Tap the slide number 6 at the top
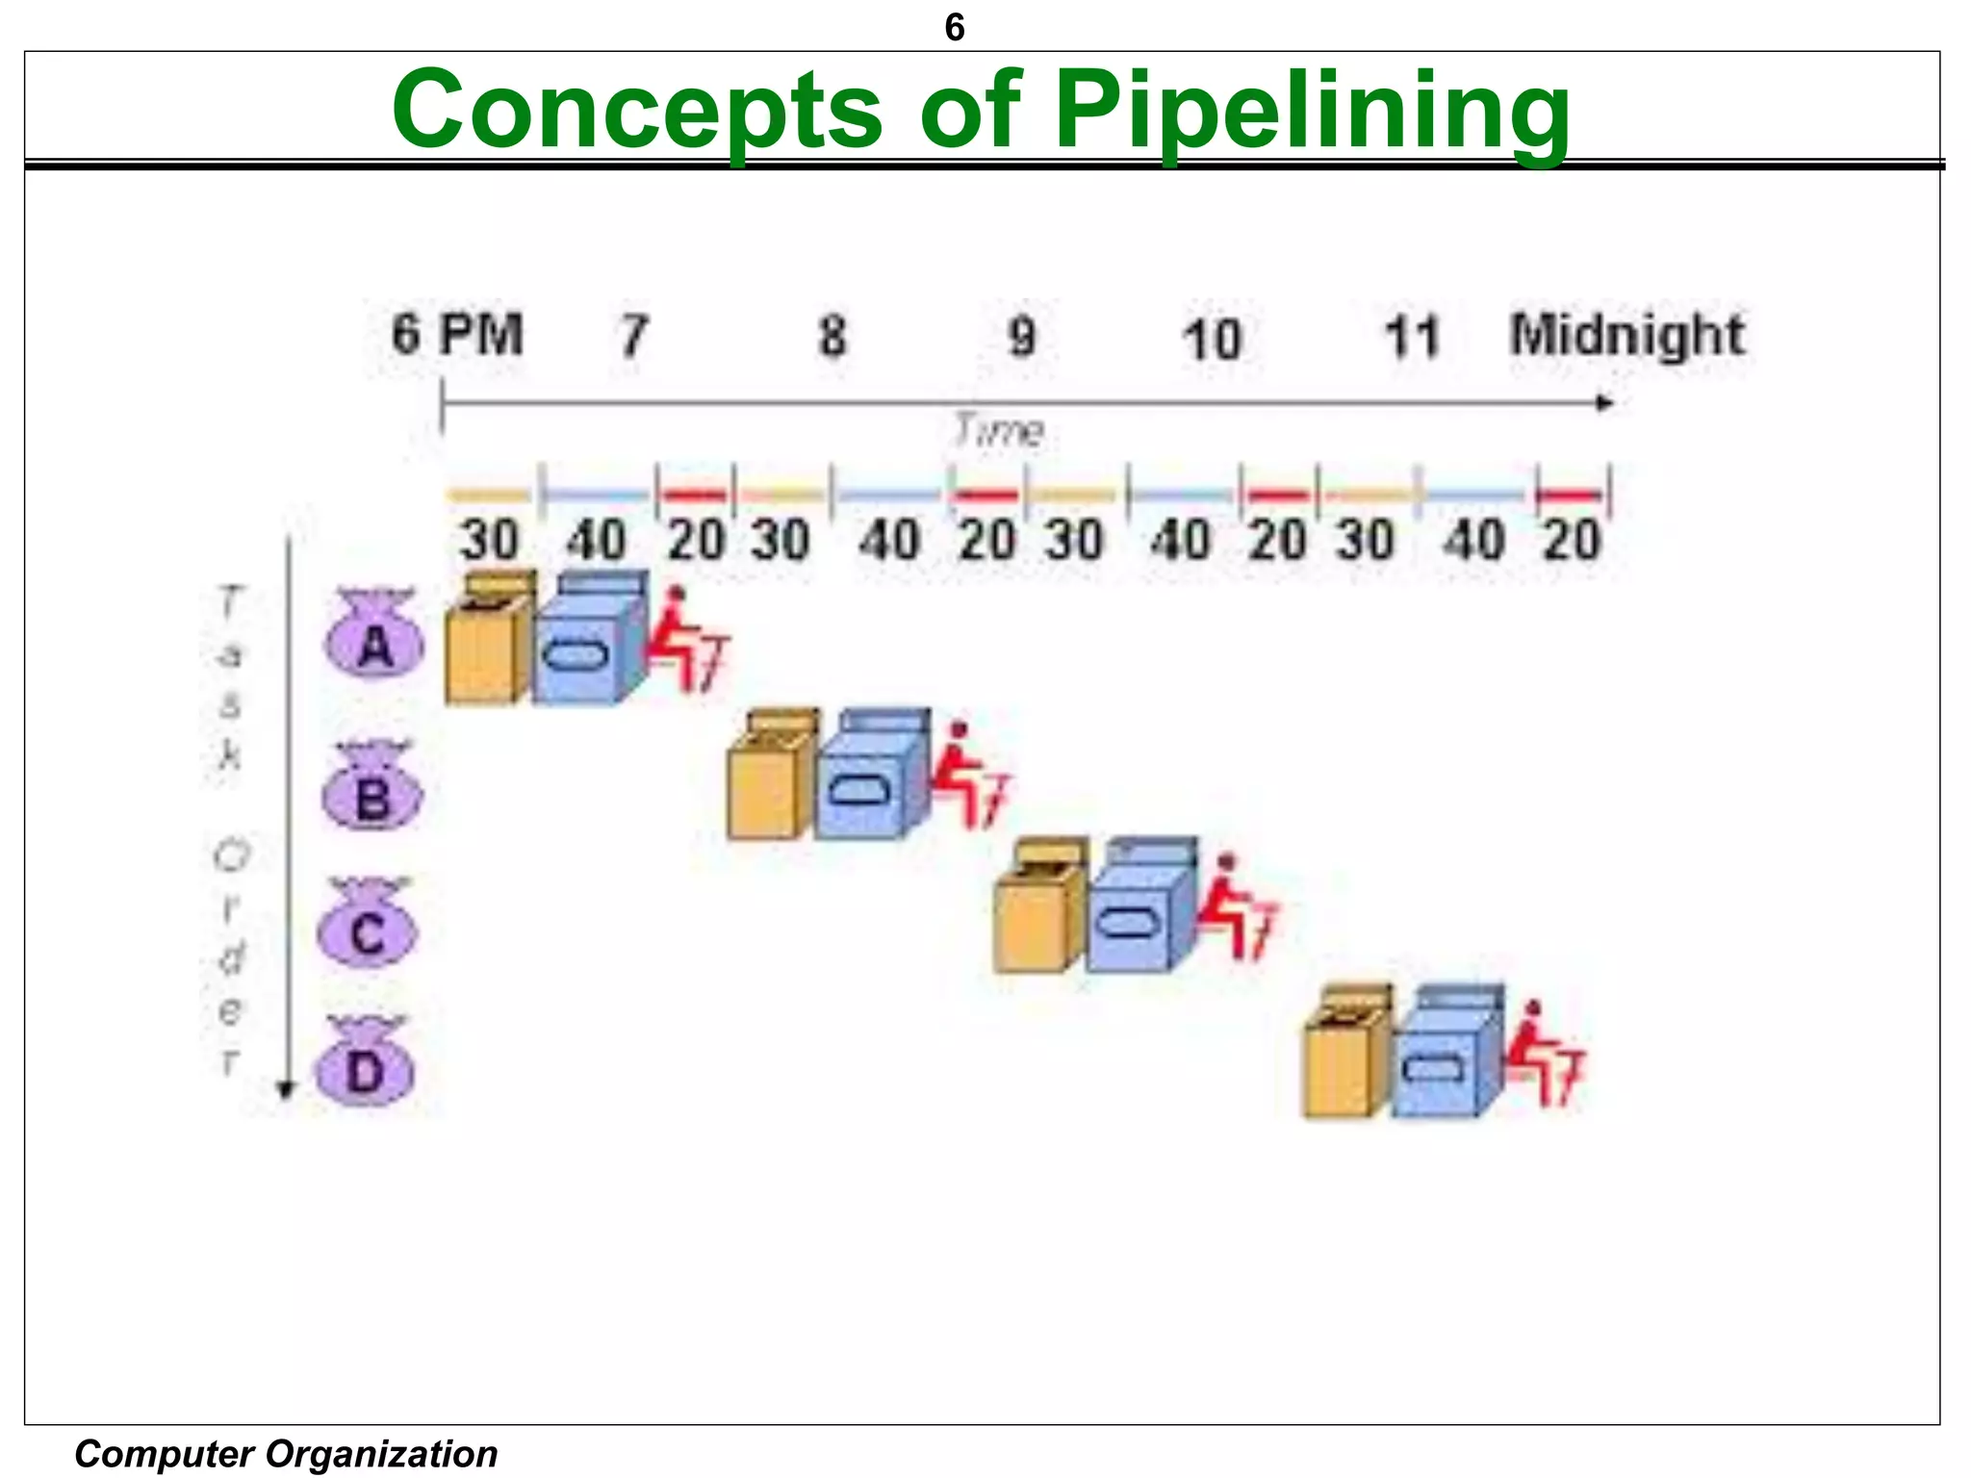(954, 28)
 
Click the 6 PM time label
(457, 335)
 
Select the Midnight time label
(1625, 336)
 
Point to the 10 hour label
(1212, 340)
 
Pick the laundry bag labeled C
(368, 926)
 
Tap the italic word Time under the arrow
(998, 431)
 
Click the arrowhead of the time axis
(1604, 403)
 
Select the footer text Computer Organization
(286, 1453)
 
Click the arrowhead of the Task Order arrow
(285, 1090)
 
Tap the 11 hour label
(1411, 338)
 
